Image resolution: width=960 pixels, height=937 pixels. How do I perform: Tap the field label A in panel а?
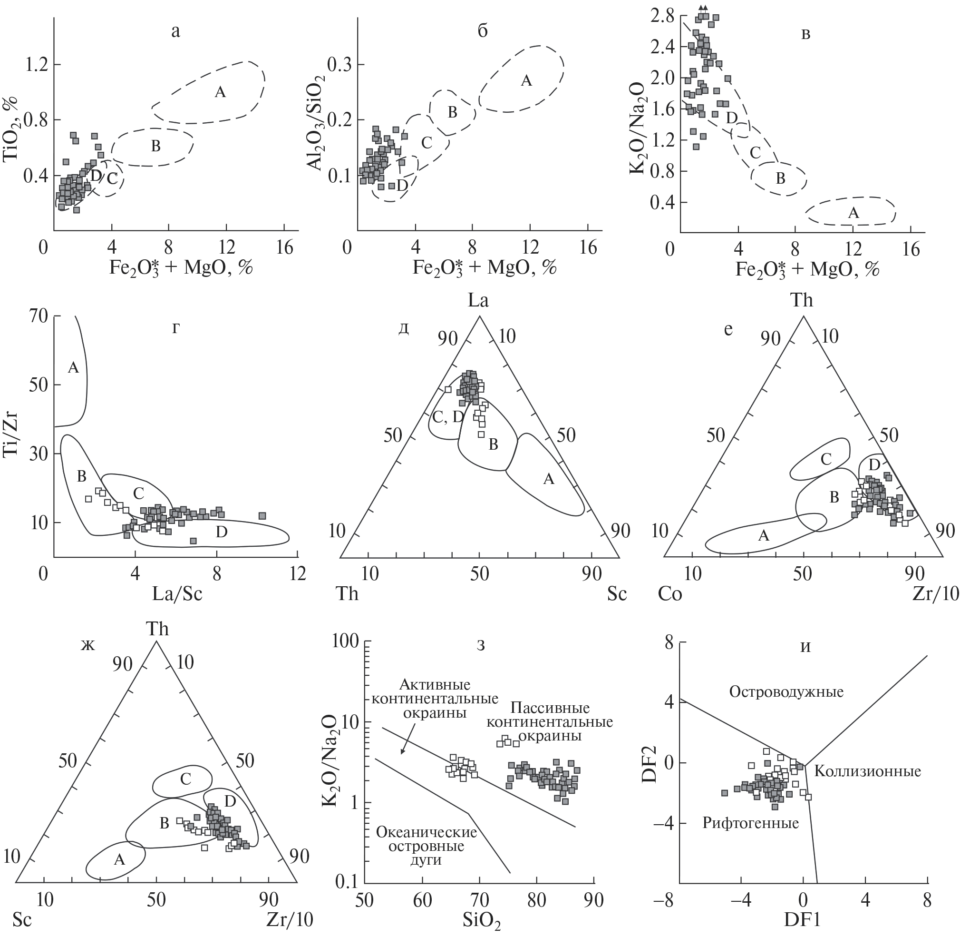coord(220,92)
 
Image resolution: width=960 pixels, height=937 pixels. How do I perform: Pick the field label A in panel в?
coord(854,213)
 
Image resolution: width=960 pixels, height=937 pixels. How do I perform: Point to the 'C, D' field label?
coord(447,417)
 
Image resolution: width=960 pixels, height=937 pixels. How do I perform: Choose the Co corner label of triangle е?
coord(670,594)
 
